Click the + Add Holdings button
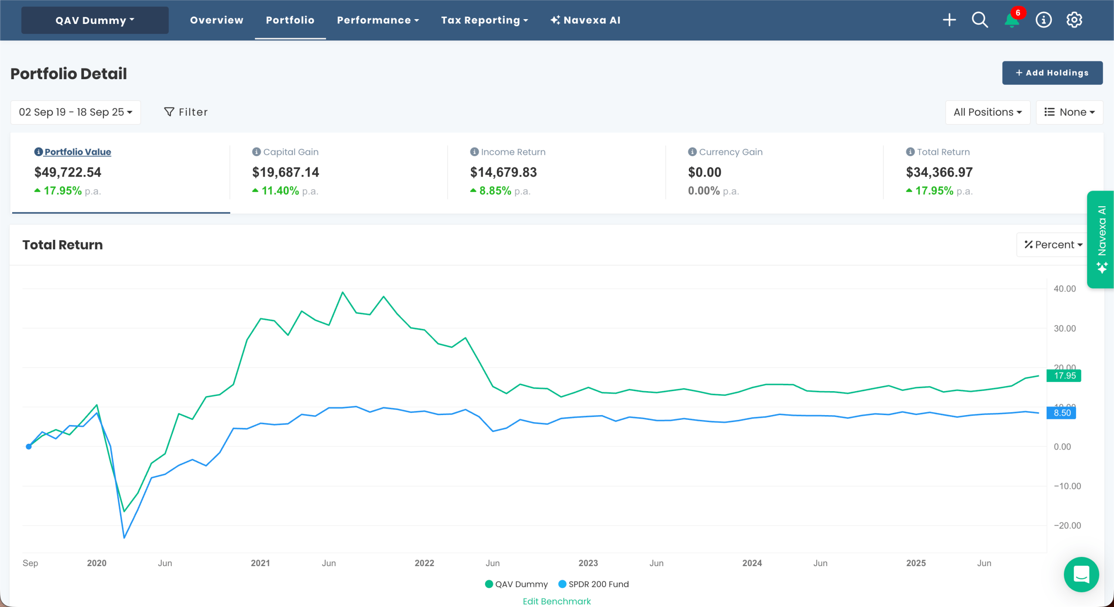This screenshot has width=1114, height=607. coord(1052,73)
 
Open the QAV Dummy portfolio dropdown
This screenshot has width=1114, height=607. coord(95,20)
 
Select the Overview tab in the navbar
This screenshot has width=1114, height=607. coord(216,20)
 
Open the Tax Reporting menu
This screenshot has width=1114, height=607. coord(484,20)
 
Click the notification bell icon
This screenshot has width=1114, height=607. coord(1012,20)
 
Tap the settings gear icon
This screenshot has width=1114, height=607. coord(1074,20)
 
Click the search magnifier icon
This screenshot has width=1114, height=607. coord(980,20)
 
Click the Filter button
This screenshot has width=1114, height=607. coord(186,112)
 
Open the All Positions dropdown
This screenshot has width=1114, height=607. coord(987,112)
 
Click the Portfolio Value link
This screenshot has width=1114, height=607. coord(77,152)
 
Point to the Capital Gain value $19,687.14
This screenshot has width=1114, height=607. coord(285,172)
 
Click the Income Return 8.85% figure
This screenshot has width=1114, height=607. coord(495,191)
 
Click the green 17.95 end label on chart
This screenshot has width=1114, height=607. coord(1064,376)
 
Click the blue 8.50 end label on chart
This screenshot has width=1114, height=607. coord(1061,413)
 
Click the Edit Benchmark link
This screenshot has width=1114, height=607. coord(557,601)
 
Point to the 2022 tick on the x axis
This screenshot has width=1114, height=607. coord(424,563)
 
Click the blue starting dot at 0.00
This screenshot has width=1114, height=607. coord(29,446)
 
